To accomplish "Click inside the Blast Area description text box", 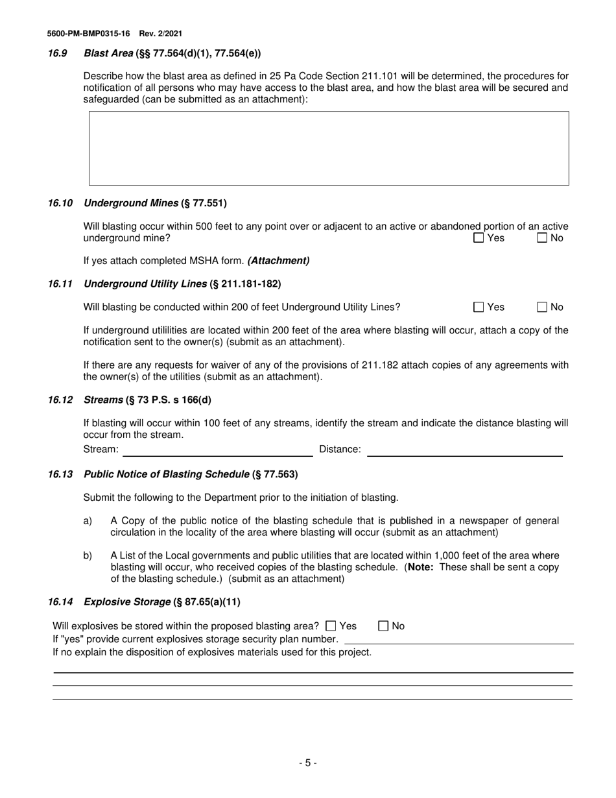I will (x=328, y=149).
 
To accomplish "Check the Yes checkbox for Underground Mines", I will (x=479, y=238).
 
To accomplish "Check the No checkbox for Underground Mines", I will (x=542, y=238).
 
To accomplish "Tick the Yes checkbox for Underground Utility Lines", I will (x=479, y=308).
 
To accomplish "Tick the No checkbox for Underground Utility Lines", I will (x=542, y=308).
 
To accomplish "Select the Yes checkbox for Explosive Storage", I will (x=331, y=626).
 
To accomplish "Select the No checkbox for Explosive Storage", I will (x=383, y=626).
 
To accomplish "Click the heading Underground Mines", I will (x=131, y=203).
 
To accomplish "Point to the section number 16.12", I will (x=60, y=400).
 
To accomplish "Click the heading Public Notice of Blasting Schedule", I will (x=167, y=474).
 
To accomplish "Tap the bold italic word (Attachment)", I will (x=278, y=261).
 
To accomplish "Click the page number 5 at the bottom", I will (x=308, y=764).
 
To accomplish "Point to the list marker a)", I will (x=88, y=521).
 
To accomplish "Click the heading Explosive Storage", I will (x=127, y=602).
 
